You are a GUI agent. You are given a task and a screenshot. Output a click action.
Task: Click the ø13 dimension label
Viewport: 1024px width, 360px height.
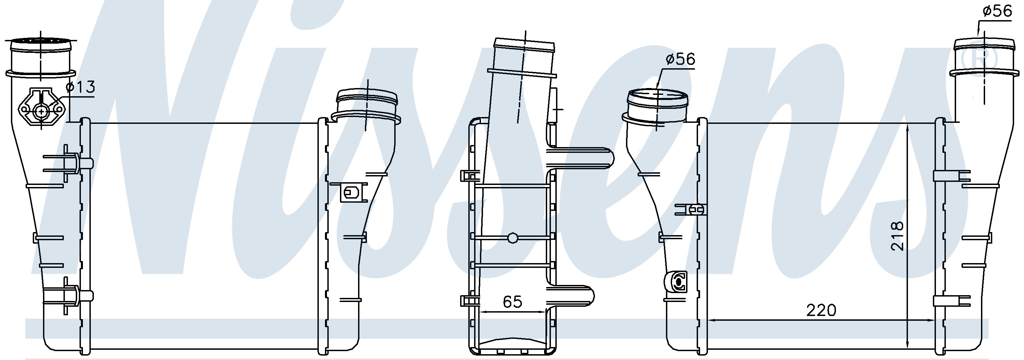pos(81,87)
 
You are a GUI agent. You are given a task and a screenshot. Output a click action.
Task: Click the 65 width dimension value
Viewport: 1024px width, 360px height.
pos(512,302)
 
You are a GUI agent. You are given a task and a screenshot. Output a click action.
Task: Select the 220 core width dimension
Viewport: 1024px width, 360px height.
pos(821,310)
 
